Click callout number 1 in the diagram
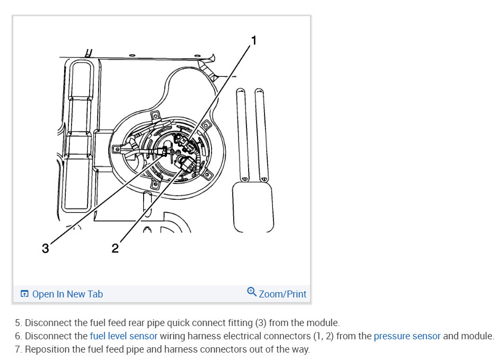pyautogui.click(x=253, y=40)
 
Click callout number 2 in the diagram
pyautogui.click(x=115, y=248)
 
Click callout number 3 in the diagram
pyautogui.click(x=46, y=248)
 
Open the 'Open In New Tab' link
pyautogui.click(x=67, y=294)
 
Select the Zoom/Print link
pyautogui.click(x=283, y=294)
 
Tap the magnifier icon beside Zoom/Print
pyautogui.click(x=252, y=292)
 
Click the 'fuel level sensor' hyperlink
pyautogui.click(x=123, y=336)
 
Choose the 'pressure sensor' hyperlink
pyautogui.click(x=407, y=336)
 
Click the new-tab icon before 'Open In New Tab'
pyautogui.click(x=24, y=294)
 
